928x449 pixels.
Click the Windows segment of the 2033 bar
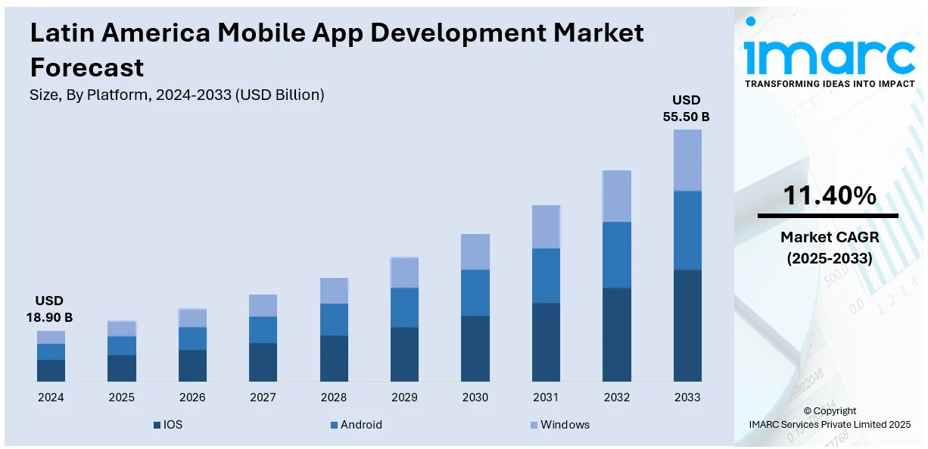point(687,160)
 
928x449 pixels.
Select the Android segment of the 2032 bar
point(617,254)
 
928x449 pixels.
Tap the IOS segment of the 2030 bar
point(475,348)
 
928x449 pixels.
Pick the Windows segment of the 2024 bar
point(51,337)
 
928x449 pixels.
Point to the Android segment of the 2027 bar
point(263,329)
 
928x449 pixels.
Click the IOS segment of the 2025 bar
point(121,368)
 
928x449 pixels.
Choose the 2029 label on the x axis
point(404,398)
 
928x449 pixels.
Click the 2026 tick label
point(192,398)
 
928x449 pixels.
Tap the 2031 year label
point(546,398)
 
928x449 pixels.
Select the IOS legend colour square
point(157,425)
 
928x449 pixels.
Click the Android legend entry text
point(361,425)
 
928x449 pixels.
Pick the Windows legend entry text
point(565,425)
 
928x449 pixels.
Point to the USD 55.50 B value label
point(687,108)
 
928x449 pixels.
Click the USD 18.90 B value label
point(51,309)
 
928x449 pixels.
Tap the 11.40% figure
point(829,196)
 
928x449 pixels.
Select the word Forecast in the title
point(87,67)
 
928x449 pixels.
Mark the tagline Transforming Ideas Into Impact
point(830,84)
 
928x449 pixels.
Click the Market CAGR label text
point(829,238)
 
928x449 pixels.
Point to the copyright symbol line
point(830,411)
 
